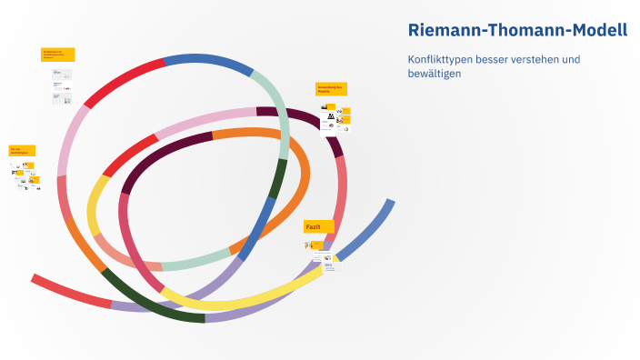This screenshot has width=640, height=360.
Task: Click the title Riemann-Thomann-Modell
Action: tap(517, 30)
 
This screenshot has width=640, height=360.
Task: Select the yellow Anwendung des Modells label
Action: tap(332, 90)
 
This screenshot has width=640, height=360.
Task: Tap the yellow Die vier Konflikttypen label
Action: tap(22, 150)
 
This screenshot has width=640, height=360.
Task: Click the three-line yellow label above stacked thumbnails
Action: tap(57, 55)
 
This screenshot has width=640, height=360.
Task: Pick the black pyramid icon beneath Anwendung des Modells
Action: tap(331, 115)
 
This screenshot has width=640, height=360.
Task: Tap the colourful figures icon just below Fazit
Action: tap(308, 245)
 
